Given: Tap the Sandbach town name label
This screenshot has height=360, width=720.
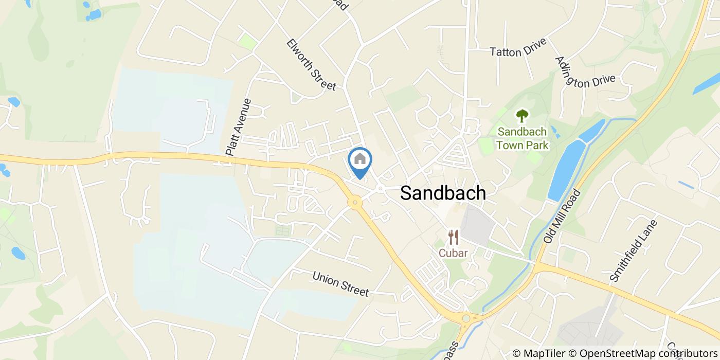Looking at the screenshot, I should (443, 193).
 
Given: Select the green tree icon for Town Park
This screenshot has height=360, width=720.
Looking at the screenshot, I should (523, 116).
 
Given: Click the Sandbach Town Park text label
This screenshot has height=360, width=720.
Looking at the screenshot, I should (523, 138).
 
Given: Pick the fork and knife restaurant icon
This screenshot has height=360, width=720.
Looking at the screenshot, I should (453, 237).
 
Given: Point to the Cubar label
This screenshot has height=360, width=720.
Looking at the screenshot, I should (453, 253).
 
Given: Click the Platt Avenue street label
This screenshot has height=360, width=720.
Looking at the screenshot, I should (238, 127).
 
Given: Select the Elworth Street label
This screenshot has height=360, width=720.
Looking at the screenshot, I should (311, 65).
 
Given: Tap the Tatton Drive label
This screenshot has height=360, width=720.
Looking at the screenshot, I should (518, 51).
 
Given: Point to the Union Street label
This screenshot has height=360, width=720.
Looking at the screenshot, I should (340, 284).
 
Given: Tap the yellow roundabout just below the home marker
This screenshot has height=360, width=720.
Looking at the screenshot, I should (354, 203).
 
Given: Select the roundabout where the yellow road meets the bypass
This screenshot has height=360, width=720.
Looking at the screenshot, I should (466, 319).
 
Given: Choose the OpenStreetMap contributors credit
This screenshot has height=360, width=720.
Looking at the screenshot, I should (649, 353).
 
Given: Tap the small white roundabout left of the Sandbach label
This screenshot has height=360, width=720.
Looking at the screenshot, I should (380, 189).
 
